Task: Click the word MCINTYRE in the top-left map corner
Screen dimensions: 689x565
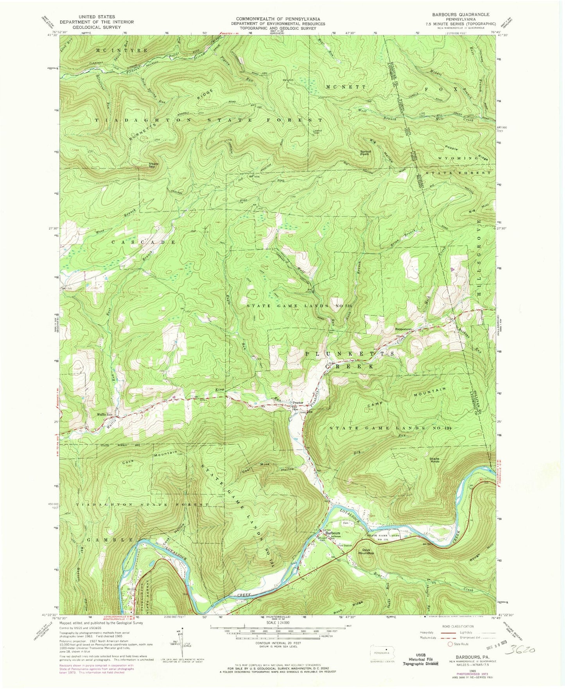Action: (116, 50)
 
